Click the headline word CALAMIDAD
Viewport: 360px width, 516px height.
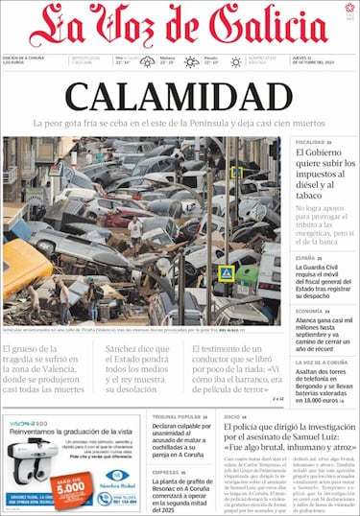(x=180, y=97)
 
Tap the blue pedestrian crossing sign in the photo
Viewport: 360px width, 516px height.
(x=226, y=273)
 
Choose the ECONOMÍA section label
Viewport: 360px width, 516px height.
(x=308, y=312)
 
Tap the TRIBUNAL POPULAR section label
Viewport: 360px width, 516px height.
(x=177, y=417)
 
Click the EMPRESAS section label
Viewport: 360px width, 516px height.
(x=165, y=472)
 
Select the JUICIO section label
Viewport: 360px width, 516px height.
(x=231, y=417)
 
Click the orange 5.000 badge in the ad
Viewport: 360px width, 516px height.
(x=73, y=482)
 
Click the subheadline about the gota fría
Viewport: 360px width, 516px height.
(x=180, y=124)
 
